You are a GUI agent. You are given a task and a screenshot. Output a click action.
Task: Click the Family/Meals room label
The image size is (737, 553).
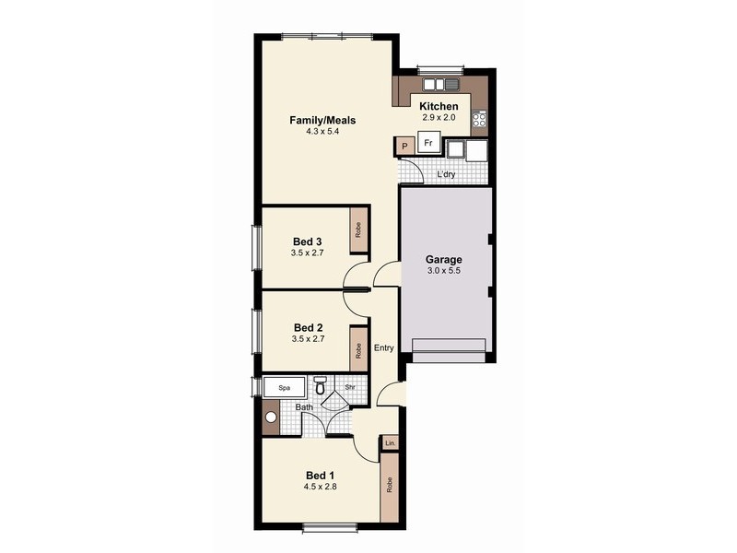(x=322, y=121)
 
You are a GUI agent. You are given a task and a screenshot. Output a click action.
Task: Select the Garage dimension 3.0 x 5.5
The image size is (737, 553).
(x=444, y=271)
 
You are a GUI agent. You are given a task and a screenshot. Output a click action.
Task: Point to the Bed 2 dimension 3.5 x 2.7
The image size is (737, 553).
(x=308, y=338)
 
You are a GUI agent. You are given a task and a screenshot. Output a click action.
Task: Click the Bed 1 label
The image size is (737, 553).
(x=322, y=476)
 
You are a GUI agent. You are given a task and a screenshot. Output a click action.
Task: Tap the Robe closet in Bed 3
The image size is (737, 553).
(x=357, y=230)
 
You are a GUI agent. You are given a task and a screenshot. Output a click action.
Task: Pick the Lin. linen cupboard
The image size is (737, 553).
(x=391, y=443)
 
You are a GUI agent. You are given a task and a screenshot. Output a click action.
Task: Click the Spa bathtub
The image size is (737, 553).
(x=285, y=388)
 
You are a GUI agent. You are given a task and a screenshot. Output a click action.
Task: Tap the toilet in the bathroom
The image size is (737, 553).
(x=320, y=386)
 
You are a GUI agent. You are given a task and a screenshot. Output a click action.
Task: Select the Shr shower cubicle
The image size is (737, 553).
(x=349, y=388)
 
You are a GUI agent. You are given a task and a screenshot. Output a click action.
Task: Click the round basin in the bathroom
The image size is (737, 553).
(x=271, y=416)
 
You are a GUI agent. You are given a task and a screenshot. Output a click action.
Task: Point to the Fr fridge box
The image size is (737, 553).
(x=428, y=144)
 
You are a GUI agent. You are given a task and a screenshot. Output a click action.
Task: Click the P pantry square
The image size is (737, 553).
(x=404, y=146)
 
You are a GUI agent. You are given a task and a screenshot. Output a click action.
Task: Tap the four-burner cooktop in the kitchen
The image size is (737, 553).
(x=478, y=118)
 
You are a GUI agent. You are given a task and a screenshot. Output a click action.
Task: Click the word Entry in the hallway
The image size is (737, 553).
(x=384, y=347)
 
